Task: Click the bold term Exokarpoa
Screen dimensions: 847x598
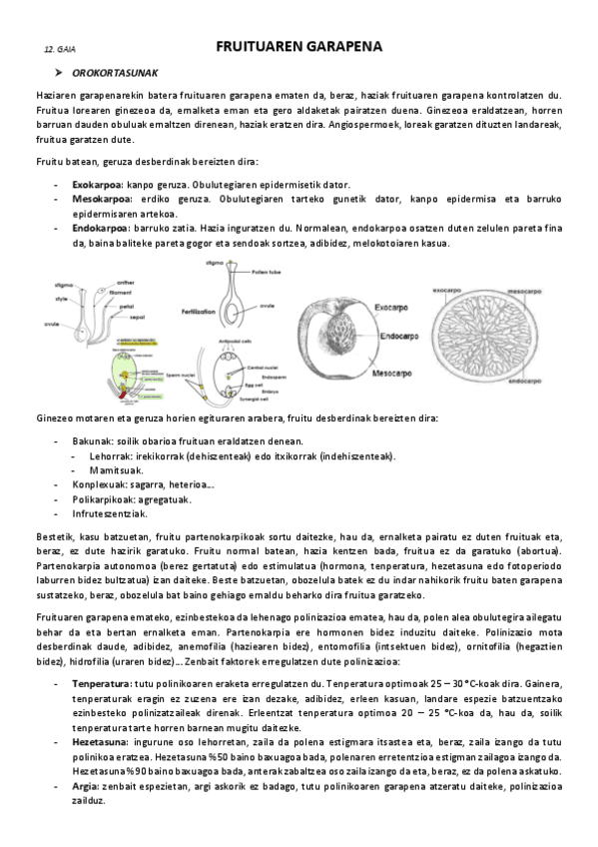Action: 97,185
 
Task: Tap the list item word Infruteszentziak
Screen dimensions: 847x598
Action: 109,513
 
